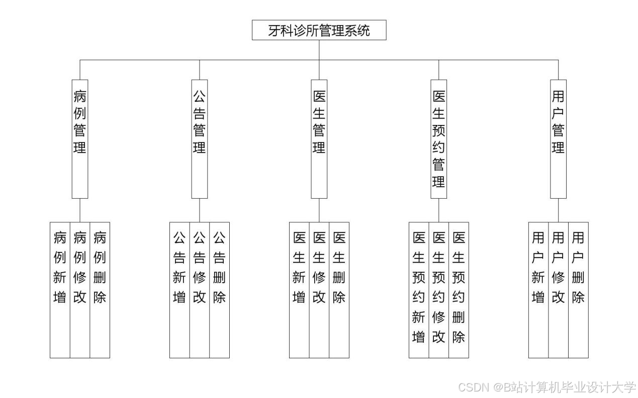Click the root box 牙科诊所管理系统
[319, 30]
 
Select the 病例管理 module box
[80, 139]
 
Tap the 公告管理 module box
[200, 139]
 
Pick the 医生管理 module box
[319, 139]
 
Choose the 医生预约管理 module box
[439, 139]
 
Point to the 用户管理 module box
[558, 139]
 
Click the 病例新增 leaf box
[60, 290]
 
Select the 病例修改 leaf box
[80, 290]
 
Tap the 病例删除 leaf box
[100, 290]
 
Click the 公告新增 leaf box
[179, 290]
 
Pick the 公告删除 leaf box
[220, 290]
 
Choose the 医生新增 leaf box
[299, 290]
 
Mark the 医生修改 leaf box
[319, 290]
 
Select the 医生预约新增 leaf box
[419, 290]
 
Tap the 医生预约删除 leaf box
[459, 290]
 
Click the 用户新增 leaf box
[538, 290]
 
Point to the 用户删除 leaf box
[578, 290]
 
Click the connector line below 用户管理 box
[558, 210]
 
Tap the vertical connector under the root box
[319, 50]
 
